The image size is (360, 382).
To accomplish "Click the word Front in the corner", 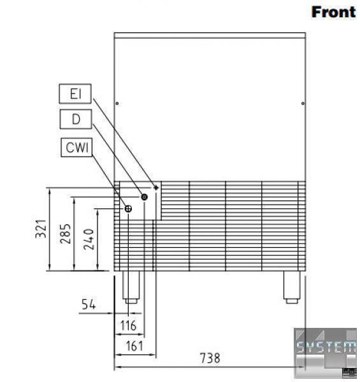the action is coord(333,12).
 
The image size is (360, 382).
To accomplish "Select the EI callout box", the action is coord(75,94).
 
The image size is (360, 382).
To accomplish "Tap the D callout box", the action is coord(76,119).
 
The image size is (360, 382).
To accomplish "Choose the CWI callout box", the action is coord(76,148).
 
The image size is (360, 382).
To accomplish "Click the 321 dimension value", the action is coord(41,229).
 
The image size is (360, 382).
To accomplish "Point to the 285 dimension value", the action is coord(66,234).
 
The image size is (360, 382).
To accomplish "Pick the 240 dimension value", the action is coord(89,239).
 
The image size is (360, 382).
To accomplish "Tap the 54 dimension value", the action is coord(89,304).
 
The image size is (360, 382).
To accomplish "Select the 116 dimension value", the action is coord(129,325).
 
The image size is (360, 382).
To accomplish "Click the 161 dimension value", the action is coord(134,346).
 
